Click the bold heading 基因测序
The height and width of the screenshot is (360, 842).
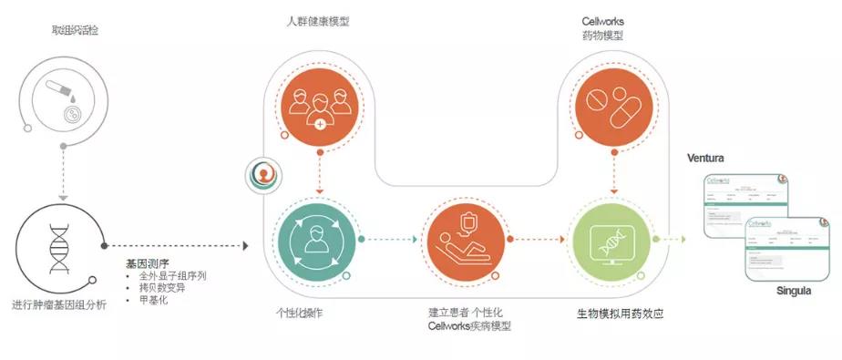(146, 262)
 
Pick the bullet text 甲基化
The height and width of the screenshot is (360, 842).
(154, 299)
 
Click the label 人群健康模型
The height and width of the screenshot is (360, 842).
(315, 21)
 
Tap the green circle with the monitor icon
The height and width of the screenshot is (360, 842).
(612, 240)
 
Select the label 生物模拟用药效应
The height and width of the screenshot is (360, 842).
(620, 313)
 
